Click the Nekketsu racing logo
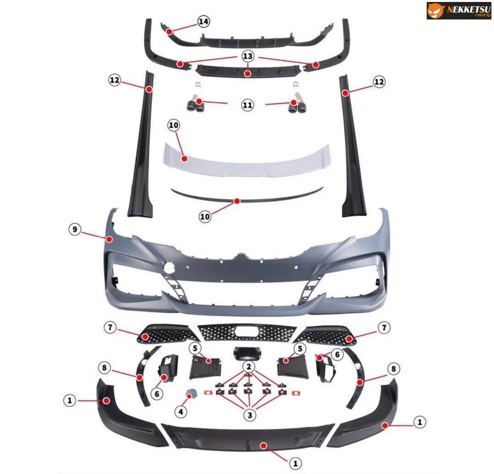click(459, 11)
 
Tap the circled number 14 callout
click(203, 21)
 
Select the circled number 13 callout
click(248, 56)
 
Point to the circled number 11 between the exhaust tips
click(247, 105)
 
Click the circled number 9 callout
click(75, 229)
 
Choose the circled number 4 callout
click(181, 411)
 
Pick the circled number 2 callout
click(249, 366)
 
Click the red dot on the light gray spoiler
click(185, 159)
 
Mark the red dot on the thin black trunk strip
click(237, 201)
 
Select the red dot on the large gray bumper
click(109, 239)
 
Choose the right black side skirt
click(353, 146)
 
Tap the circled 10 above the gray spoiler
click(174, 125)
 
